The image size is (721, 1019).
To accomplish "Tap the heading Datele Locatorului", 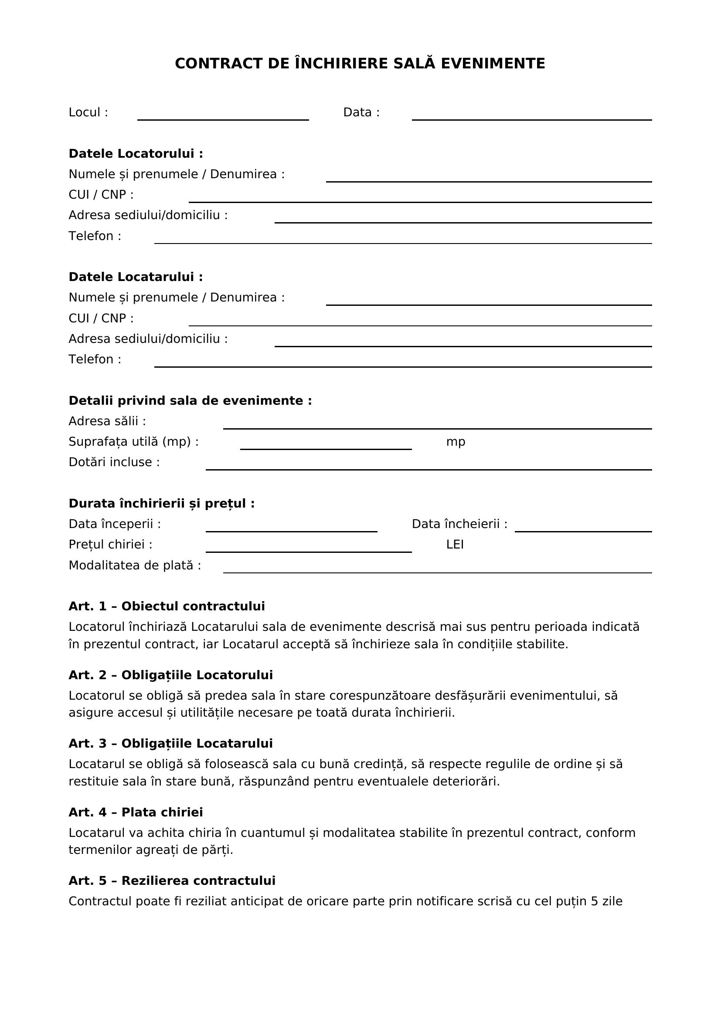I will pyautogui.click(x=136, y=153).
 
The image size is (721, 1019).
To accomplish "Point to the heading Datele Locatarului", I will pyautogui.click(x=136, y=277).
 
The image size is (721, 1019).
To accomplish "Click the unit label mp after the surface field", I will pyautogui.click(x=456, y=442).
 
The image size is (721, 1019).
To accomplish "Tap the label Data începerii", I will pyautogui.click(x=115, y=524).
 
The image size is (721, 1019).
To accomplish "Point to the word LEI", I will pyautogui.click(x=455, y=545).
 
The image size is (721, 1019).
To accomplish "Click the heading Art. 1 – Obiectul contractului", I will pyautogui.click(x=167, y=606).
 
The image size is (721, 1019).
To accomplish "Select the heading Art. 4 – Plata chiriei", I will pyautogui.click(x=136, y=812).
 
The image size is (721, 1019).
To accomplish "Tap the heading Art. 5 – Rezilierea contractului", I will pyautogui.click(x=172, y=881).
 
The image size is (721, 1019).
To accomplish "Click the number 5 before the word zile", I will pyautogui.click(x=595, y=901).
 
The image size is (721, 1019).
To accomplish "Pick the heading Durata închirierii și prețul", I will pyautogui.click(x=162, y=504).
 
